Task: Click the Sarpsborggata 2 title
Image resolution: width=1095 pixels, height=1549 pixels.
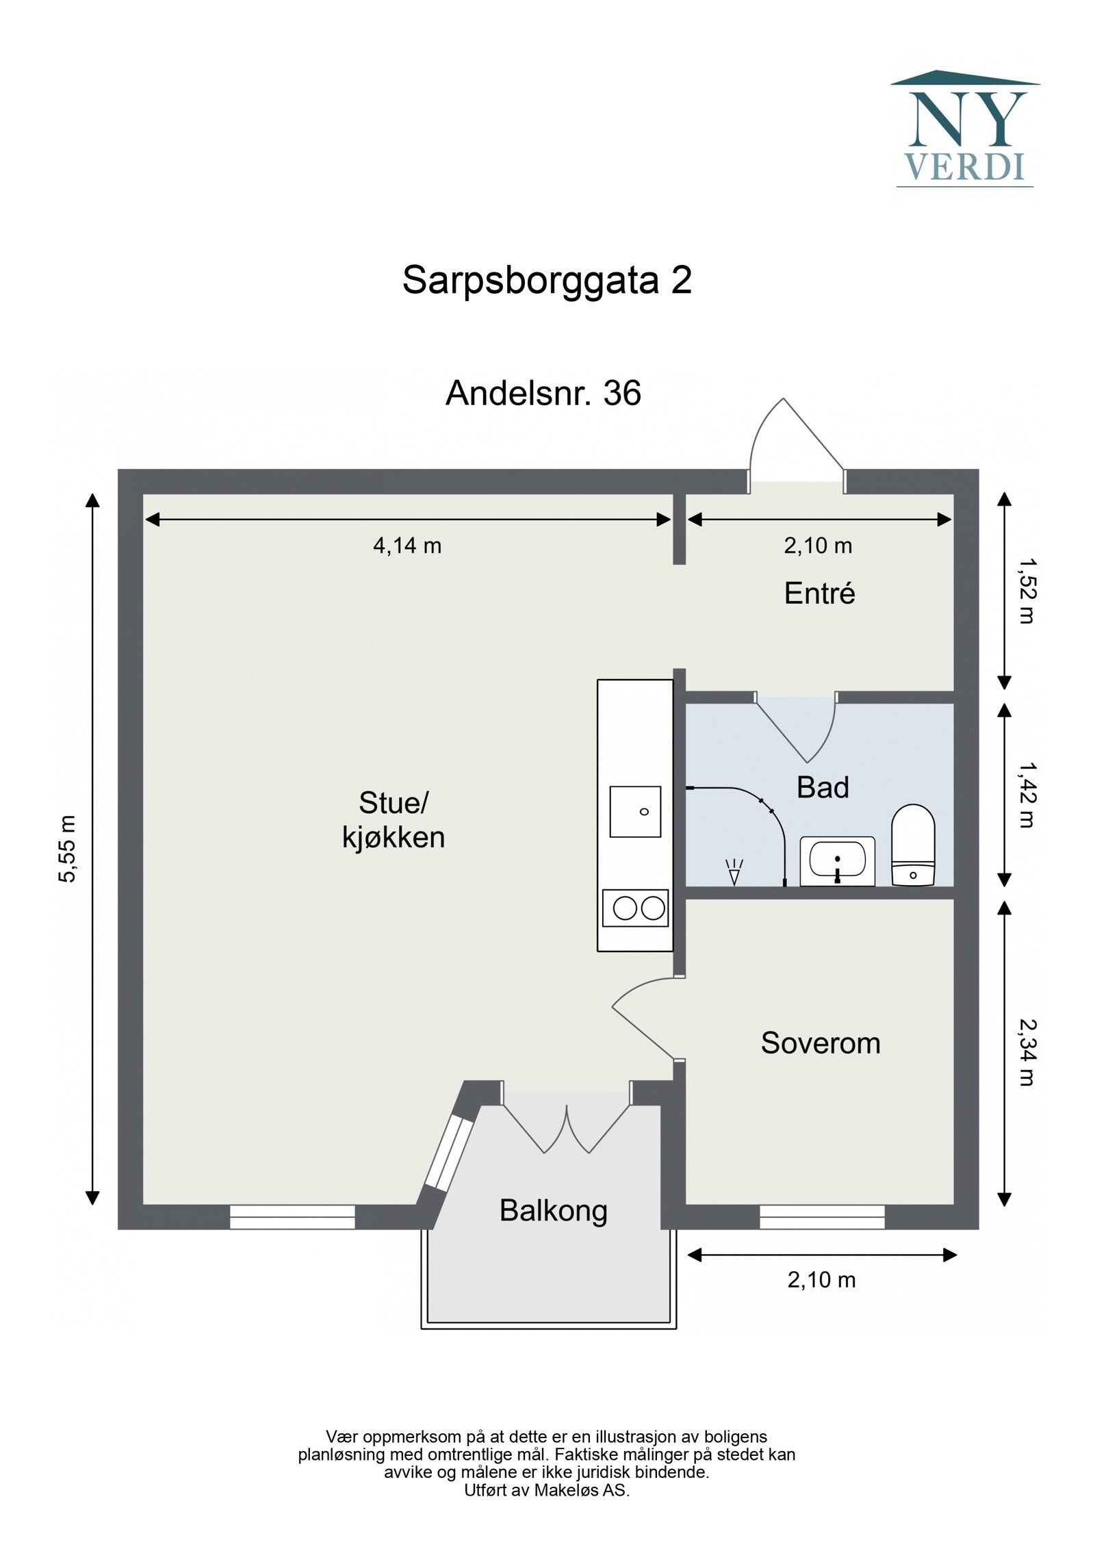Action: tap(547, 280)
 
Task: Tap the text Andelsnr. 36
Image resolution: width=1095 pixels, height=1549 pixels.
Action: tap(543, 394)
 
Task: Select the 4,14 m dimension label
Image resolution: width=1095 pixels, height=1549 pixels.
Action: tap(407, 546)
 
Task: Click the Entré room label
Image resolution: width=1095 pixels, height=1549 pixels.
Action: tap(819, 593)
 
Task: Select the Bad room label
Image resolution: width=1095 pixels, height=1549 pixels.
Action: tap(823, 788)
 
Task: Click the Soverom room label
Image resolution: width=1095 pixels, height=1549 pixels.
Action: tap(820, 1043)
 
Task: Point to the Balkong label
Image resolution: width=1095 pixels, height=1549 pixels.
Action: tap(553, 1211)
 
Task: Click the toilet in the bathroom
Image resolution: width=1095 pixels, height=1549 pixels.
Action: tap(913, 845)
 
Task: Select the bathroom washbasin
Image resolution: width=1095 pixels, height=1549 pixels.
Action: tap(837, 860)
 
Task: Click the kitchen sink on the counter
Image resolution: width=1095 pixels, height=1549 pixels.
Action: tap(635, 812)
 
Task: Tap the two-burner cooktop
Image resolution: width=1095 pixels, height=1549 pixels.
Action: tap(635, 908)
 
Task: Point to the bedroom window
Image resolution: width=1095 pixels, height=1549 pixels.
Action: tap(821, 1216)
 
